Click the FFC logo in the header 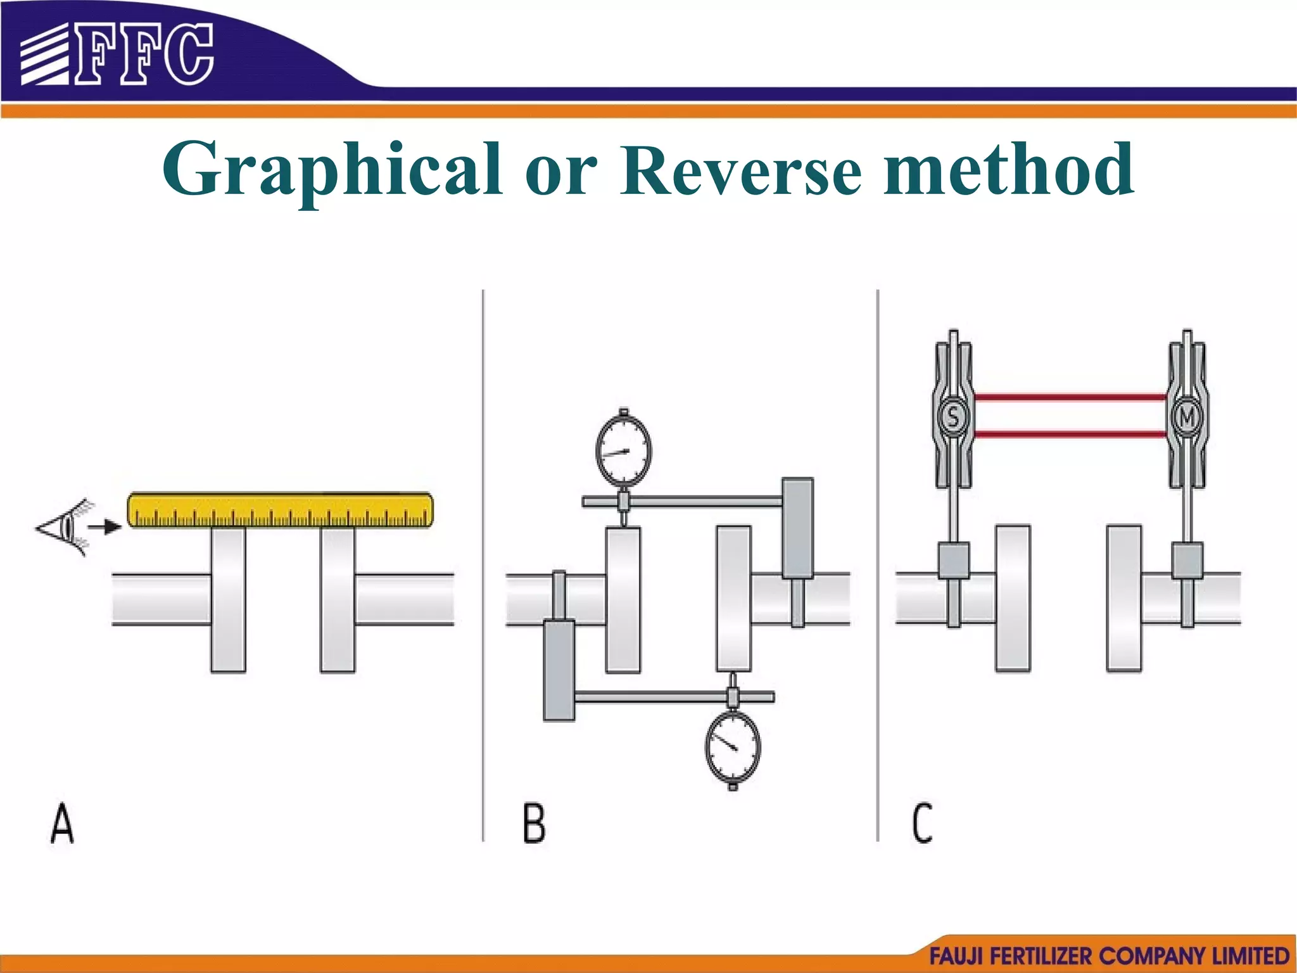coord(118,54)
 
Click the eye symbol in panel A coord(63,527)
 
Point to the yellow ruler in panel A coord(281,510)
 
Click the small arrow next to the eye coord(105,526)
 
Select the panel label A coord(62,824)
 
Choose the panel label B coord(534,824)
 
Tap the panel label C coord(922,824)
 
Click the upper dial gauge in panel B coord(624,450)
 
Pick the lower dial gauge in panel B coord(733,747)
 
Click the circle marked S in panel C coord(953,417)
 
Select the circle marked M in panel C coord(1187,417)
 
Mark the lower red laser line coord(1070,435)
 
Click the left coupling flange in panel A coord(228,599)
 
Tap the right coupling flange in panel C coord(1124,598)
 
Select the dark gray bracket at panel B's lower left coord(559,670)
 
